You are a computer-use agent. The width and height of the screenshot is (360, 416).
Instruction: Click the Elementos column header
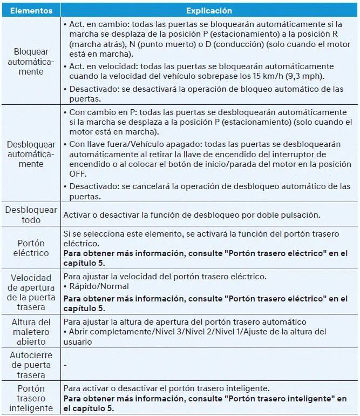click(x=31, y=10)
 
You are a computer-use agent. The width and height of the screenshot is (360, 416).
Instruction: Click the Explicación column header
click(x=209, y=10)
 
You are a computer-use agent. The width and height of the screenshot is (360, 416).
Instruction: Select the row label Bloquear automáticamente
click(x=31, y=62)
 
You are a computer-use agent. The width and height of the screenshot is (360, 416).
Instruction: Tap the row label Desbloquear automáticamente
click(x=31, y=154)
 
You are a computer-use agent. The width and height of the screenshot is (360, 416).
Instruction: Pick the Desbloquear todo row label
click(x=31, y=214)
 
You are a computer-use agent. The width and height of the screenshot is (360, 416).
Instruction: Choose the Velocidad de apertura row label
click(x=31, y=292)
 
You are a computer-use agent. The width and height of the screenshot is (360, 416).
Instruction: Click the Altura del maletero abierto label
click(x=31, y=332)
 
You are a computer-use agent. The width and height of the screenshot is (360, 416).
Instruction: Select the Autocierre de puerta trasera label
click(x=31, y=365)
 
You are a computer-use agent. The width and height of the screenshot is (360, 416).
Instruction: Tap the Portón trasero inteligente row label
click(x=31, y=398)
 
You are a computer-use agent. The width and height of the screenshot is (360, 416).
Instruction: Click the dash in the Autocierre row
click(x=65, y=365)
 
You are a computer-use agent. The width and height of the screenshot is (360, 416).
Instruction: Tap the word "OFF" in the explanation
click(x=77, y=174)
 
